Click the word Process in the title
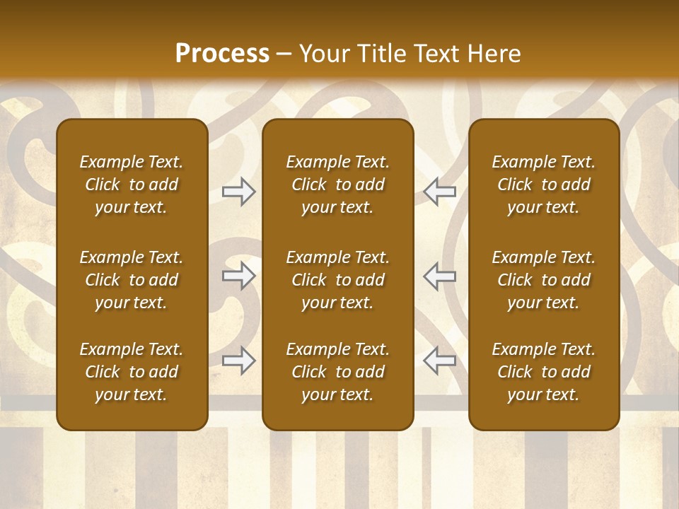click(222, 54)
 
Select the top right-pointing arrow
click(239, 192)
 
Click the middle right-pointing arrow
click(239, 276)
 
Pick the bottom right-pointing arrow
click(239, 361)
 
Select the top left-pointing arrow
click(440, 192)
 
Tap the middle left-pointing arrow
click(440, 276)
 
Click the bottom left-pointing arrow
click(440, 361)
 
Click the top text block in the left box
click(132, 185)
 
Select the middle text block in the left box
click(132, 280)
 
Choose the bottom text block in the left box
click(132, 372)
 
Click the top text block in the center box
click(338, 185)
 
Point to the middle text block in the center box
click(338, 280)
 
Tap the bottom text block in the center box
click(338, 372)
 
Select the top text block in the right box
click(544, 185)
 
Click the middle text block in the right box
click(544, 280)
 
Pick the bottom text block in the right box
click(544, 372)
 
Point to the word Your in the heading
click(323, 54)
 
